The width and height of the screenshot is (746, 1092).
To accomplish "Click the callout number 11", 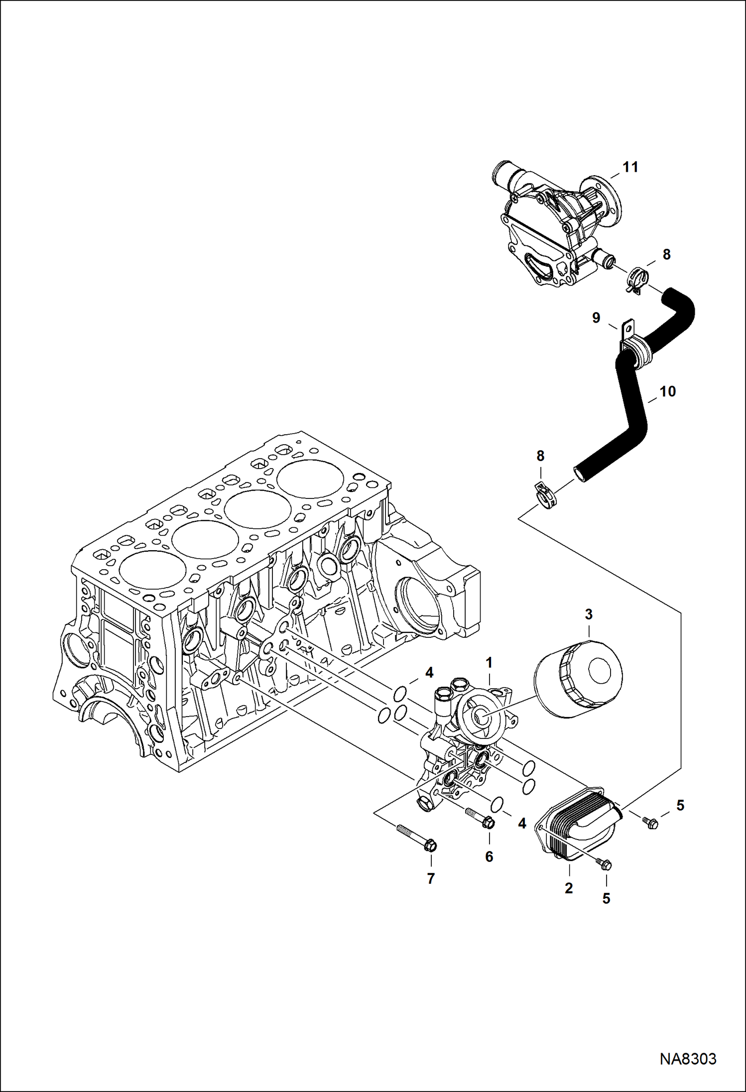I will [x=630, y=167].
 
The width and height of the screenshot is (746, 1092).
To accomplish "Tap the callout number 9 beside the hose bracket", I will [x=596, y=318].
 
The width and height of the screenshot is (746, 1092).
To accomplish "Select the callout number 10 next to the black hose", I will [x=667, y=392].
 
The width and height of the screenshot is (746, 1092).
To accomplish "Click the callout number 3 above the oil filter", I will [x=589, y=614].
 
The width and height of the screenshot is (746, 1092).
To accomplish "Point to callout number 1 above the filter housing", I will [x=489, y=663].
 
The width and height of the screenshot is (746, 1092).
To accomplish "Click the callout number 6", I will [x=489, y=856].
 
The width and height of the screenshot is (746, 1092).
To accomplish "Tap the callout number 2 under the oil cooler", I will [x=569, y=888].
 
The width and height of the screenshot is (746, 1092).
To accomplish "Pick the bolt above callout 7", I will [x=417, y=837].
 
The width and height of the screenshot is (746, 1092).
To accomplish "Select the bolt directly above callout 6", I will [x=480, y=818].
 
